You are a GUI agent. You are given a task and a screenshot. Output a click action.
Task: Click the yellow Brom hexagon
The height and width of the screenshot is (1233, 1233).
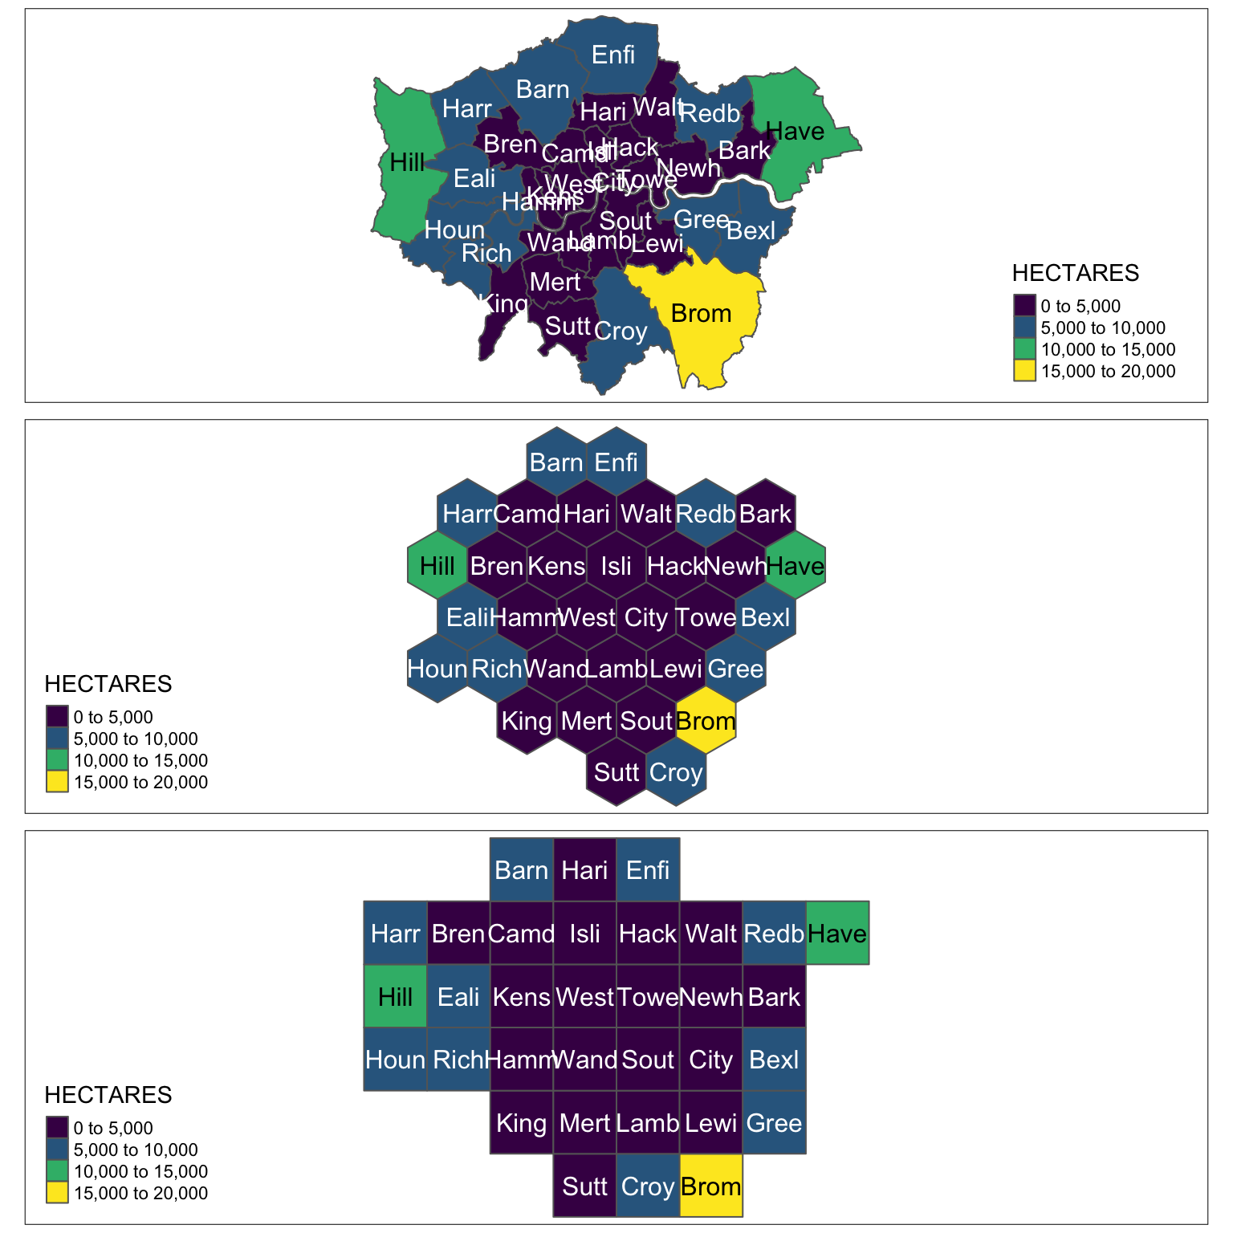click(706, 720)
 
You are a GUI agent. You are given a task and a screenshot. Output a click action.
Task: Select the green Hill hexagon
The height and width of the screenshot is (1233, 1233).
click(437, 565)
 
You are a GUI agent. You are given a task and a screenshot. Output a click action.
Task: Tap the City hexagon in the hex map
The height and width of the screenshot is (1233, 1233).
click(646, 617)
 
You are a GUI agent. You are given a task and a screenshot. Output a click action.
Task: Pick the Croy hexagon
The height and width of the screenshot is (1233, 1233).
click(676, 772)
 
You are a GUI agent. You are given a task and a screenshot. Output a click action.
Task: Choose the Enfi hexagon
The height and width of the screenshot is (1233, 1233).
click(616, 462)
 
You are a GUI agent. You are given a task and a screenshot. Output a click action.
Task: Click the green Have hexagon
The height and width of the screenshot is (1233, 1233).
click(796, 565)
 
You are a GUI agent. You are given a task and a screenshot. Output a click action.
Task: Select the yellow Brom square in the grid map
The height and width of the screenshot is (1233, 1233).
click(710, 1186)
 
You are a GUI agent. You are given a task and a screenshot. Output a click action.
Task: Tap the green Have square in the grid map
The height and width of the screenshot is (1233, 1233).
click(837, 933)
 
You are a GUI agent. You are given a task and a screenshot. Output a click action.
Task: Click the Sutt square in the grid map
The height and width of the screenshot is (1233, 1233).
click(584, 1186)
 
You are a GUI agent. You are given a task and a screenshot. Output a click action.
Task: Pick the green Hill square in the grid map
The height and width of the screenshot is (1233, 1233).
click(395, 996)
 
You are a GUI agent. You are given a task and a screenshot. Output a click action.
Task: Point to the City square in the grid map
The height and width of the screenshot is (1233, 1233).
click(710, 1060)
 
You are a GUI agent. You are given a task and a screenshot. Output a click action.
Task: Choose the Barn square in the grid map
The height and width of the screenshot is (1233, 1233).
click(521, 869)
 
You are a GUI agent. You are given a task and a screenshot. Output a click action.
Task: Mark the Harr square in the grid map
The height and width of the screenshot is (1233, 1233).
click(395, 933)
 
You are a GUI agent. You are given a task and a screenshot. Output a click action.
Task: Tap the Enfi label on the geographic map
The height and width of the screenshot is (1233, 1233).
click(613, 55)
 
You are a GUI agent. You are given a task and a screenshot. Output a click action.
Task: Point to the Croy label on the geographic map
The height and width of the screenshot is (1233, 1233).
click(621, 331)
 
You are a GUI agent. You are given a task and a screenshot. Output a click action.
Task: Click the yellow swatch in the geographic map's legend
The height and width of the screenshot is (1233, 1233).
click(1023, 371)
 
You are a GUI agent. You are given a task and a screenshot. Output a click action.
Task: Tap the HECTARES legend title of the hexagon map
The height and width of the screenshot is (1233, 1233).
click(108, 684)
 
